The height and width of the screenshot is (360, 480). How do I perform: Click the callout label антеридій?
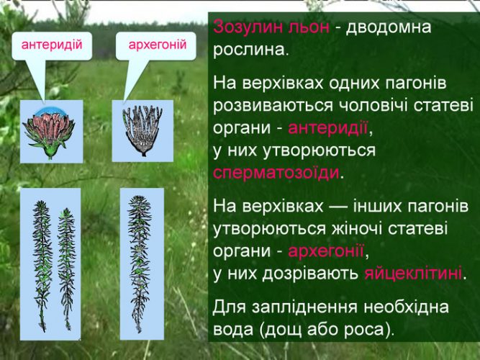coord(52,45)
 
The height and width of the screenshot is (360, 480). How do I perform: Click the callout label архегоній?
coord(158,45)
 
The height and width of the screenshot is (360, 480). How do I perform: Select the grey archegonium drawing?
coord(142,130)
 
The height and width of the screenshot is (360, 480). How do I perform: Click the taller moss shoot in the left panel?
coord(42,265)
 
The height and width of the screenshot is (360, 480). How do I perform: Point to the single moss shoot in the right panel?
coord(140,264)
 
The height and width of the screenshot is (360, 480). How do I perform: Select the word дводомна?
coord(389,27)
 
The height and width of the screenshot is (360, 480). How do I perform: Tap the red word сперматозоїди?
coord(276,173)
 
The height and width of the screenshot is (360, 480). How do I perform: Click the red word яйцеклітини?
coord(413,274)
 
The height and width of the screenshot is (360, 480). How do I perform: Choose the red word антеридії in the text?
coord(328,128)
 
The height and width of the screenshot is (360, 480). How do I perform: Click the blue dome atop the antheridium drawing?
coord(48,112)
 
